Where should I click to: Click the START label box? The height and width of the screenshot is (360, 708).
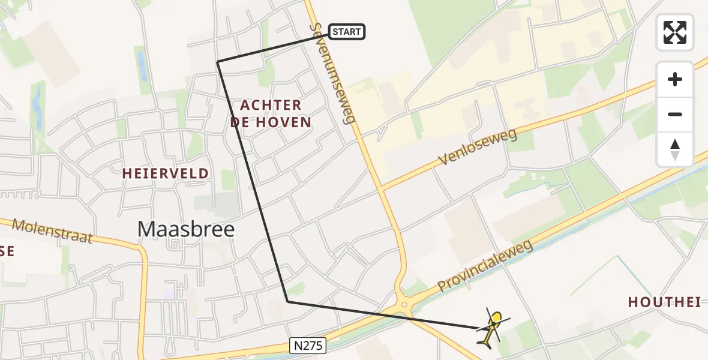(346, 32)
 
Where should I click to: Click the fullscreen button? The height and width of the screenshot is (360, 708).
(675, 32)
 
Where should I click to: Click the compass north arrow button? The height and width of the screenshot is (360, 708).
(675, 149)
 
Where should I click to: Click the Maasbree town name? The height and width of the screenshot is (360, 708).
(186, 229)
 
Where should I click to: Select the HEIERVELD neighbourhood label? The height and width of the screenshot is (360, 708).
(166, 174)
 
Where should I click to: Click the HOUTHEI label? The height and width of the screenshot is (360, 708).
(664, 302)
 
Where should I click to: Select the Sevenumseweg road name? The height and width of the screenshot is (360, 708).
(334, 73)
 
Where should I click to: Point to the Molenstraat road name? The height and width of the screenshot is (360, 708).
(52, 231)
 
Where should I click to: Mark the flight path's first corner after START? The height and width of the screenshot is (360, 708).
(217, 61)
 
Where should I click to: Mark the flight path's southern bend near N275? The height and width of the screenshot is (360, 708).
(288, 301)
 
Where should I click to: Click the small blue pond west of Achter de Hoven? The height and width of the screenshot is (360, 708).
(142, 66)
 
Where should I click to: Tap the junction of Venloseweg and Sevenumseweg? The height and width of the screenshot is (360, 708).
(382, 187)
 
